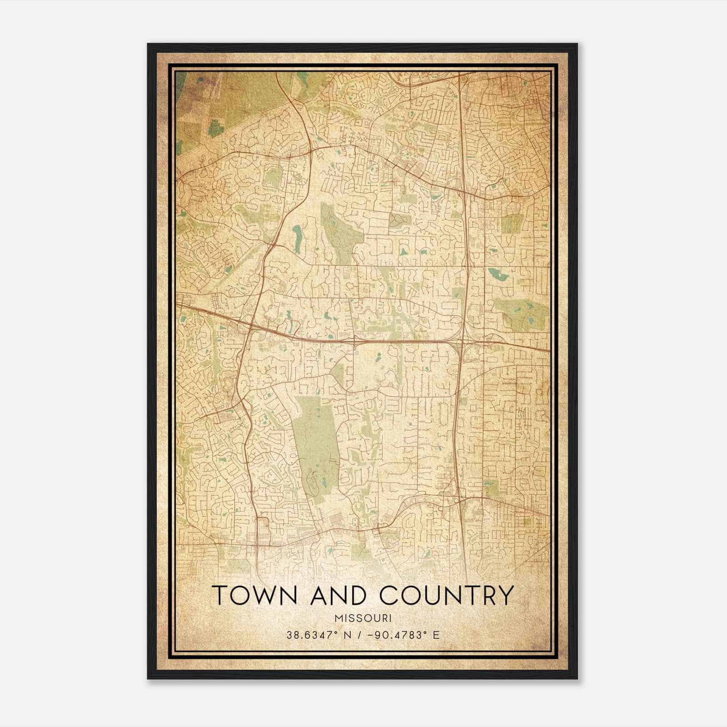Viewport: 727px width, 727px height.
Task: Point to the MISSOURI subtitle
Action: pyautogui.click(x=363, y=618)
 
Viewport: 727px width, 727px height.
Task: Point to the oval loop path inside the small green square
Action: pyautogui.click(x=399, y=220)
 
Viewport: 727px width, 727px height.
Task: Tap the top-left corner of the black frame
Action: pyautogui.click(x=148, y=44)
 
